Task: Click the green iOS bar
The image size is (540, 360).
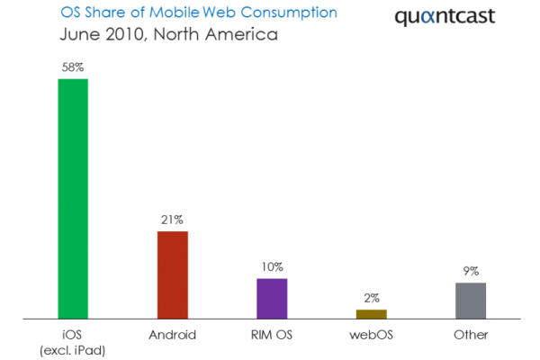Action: coord(73,199)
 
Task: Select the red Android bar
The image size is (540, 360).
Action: coord(172,274)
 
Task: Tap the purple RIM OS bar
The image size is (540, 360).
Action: coord(272,298)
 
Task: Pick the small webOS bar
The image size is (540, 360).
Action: coord(371,314)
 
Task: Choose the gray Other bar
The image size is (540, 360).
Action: coord(471,301)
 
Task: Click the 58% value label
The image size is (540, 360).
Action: coord(73,67)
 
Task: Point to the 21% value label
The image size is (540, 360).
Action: coord(172,220)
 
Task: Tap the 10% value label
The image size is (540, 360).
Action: coord(272,266)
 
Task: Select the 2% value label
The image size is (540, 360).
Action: coord(371,298)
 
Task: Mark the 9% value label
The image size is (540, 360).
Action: coord(471,271)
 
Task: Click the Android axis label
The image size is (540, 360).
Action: coord(172,335)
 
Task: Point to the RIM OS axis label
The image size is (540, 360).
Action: coord(272,335)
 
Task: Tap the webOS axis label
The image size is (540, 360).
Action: coord(371,335)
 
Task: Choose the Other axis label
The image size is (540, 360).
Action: coord(471,335)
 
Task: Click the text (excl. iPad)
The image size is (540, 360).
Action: coord(73,350)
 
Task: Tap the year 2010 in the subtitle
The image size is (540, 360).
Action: coord(125,36)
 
